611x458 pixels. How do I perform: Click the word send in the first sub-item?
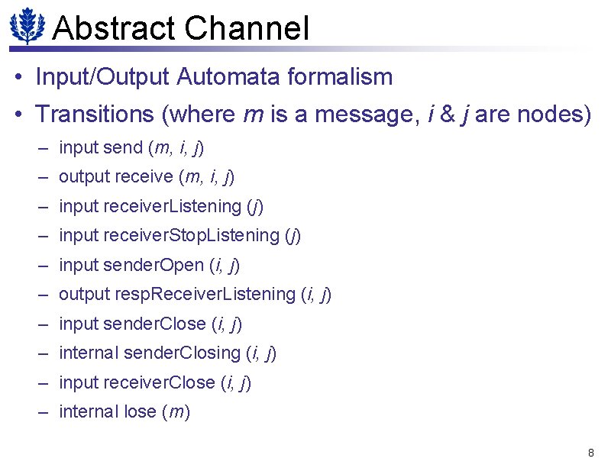(122, 147)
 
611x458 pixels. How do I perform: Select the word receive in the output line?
(143, 177)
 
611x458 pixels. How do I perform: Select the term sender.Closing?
(182, 353)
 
